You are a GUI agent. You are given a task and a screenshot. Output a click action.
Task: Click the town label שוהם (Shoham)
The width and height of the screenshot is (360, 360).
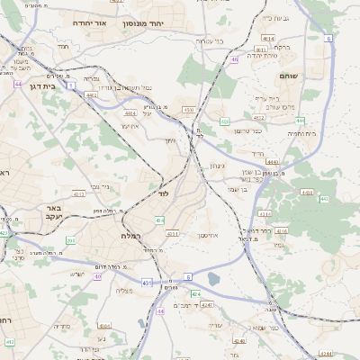coord(290,76)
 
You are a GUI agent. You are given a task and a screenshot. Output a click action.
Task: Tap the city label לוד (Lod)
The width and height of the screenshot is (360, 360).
coord(163,193)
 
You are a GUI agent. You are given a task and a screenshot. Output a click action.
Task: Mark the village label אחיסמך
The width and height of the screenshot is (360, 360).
coord(210,234)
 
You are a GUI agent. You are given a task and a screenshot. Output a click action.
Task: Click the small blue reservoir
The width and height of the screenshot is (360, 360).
coord(213,279)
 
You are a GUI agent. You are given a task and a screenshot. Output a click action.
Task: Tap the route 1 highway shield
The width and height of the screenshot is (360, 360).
coord(187,275)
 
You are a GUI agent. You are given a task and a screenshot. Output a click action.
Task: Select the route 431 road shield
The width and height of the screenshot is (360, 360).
coord(146,283)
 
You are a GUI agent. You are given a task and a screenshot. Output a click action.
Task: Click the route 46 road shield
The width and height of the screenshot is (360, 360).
coord(234,60)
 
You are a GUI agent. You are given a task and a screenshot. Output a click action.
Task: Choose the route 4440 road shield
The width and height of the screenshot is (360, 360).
coord(273,162)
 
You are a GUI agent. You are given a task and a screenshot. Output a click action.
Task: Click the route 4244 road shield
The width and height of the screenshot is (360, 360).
coord(325,355)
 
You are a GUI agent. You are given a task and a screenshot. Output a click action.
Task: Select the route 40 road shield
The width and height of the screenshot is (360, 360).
coord(97,276)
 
